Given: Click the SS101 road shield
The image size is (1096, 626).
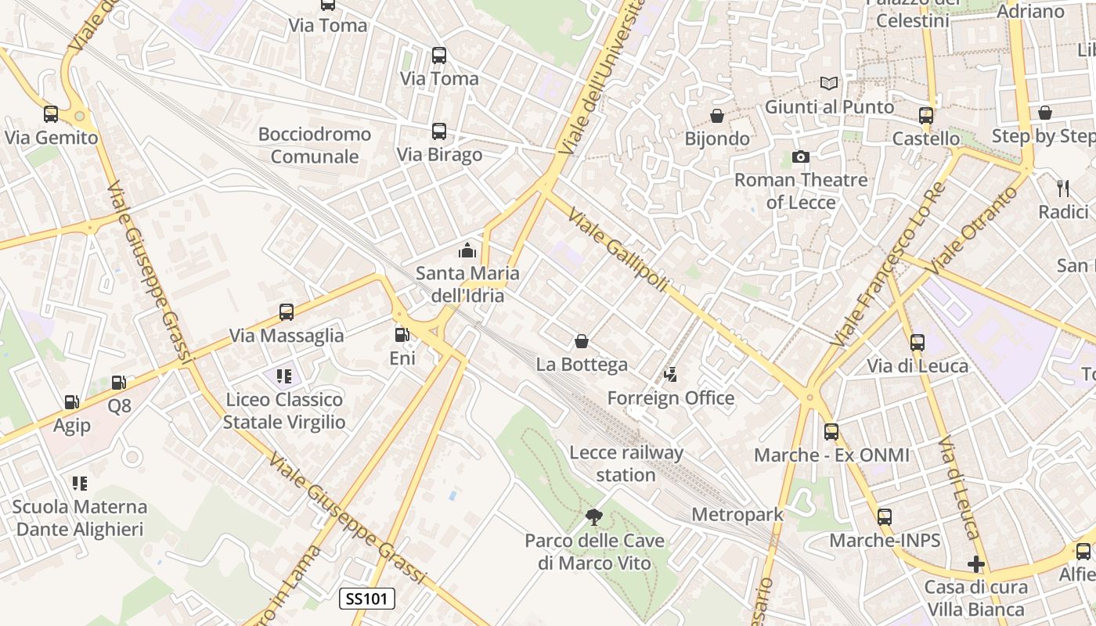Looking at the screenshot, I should [367, 599].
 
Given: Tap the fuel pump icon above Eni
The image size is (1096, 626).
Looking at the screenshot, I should [402, 335].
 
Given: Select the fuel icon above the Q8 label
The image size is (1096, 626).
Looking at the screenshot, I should [119, 383].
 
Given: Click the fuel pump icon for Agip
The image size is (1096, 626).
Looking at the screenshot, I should [71, 402].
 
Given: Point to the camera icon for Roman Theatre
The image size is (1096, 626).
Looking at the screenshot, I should [800, 156].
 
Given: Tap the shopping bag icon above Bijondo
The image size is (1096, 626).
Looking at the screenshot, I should [716, 116].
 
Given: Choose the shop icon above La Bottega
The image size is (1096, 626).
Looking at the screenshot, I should [582, 341].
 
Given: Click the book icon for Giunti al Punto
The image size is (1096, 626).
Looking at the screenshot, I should [829, 83].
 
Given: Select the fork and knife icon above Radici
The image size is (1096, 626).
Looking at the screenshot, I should [1063, 188].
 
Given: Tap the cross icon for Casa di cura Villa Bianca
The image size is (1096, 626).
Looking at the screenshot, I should [975, 563].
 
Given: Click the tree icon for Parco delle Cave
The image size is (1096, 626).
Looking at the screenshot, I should [594, 516].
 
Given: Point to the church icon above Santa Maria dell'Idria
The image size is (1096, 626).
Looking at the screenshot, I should [467, 250].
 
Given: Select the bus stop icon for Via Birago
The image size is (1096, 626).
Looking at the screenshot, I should [439, 131].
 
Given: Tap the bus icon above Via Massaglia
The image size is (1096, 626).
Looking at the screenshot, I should [287, 312].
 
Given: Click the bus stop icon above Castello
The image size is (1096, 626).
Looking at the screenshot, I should [926, 115].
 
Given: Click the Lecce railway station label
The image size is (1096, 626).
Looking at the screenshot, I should [626, 463].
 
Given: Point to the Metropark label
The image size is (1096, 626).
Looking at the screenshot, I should [737, 515].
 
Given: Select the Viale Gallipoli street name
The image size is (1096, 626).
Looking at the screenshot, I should [618, 250].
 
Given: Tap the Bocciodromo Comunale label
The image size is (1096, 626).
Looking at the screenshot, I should [315, 145].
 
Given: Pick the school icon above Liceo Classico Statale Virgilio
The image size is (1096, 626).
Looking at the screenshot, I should [283, 376].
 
